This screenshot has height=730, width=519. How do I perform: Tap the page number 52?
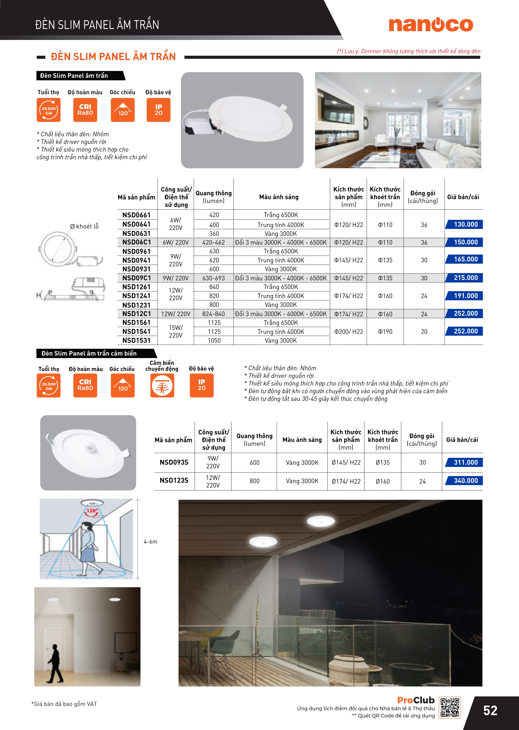(x=490, y=710)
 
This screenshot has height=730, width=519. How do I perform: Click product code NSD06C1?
(x=136, y=242)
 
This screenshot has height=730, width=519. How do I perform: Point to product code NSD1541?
(x=136, y=332)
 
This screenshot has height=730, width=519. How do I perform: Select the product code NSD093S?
(x=174, y=462)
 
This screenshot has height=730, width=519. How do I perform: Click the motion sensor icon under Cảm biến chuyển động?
(x=162, y=386)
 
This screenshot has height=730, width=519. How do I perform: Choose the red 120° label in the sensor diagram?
(x=92, y=510)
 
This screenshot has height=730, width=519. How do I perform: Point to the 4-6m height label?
(x=150, y=542)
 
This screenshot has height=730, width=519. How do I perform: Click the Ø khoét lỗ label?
(x=84, y=226)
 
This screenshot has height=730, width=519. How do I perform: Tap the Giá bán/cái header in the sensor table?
(x=462, y=440)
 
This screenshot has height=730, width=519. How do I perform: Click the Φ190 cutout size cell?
(x=385, y=332)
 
